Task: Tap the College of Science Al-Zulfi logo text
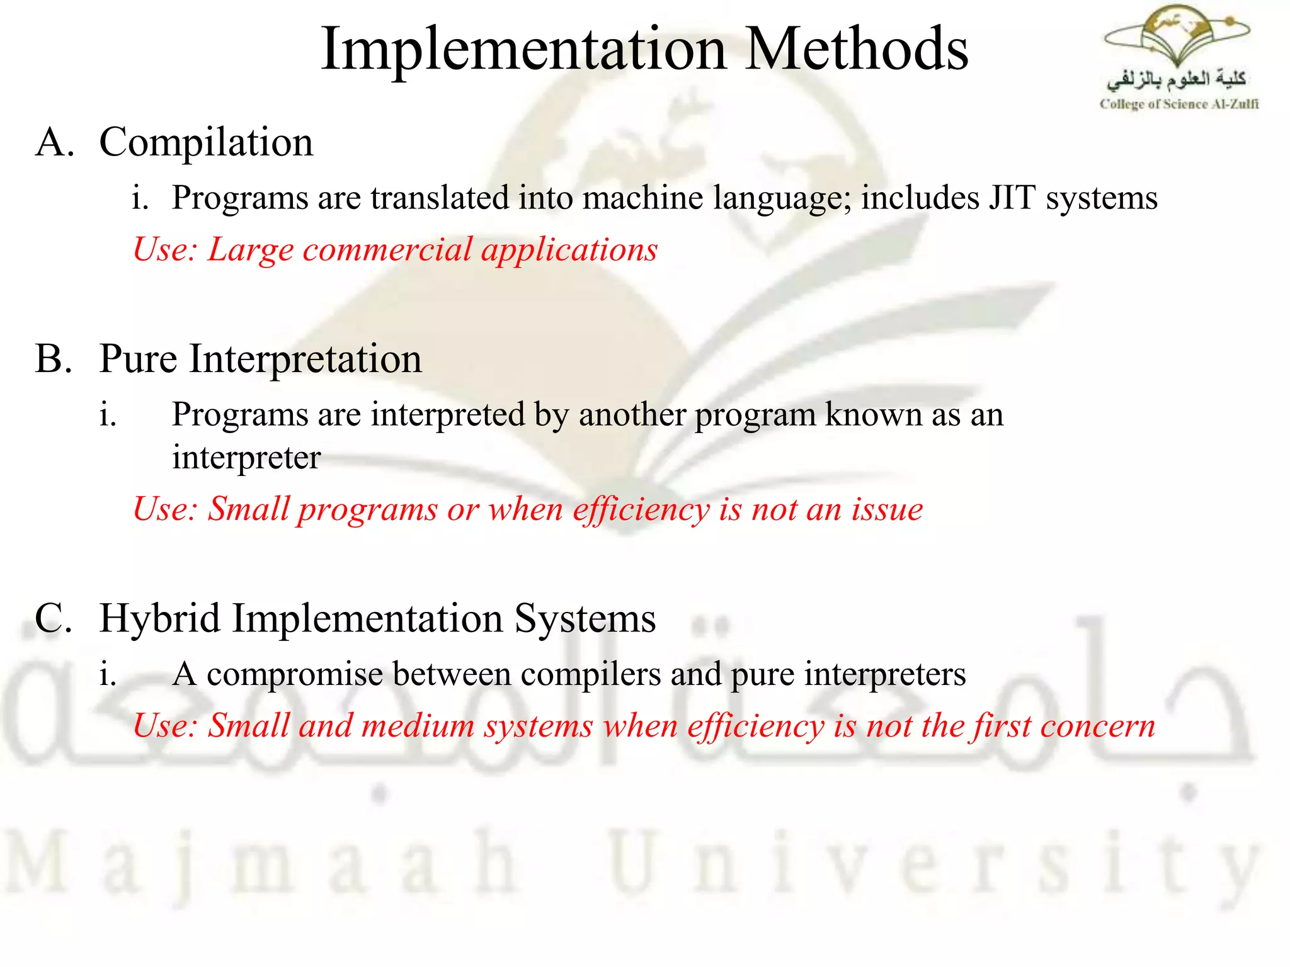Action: click(x=1179, y=105)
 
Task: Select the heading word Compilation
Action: click(x=206, y=142)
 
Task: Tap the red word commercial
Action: click(x=387, y=250)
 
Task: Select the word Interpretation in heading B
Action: click(x=305, y=359)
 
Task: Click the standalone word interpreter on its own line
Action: click(x=246, y=458)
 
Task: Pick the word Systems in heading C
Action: click(x=585, y=618)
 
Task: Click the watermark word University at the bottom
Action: click(x=932, y=862)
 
